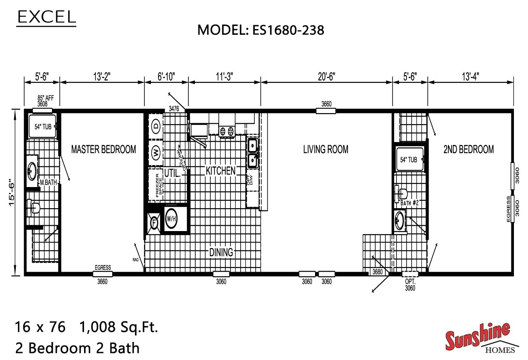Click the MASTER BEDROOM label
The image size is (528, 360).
pyautogui.click(x=103, y=150)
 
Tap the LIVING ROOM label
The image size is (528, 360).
pyautogui.click(x=326, y=150)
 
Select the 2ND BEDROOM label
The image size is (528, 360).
pyautogui.click(x=468, y=150)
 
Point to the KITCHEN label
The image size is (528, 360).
pyautogui.click(x=220, y=171)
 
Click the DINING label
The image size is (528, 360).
pyautogui.click(x=221, y=252)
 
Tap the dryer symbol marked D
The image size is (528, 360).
pyautogui.click(x=156, y=127)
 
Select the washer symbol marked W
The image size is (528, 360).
pyautogui.click(x=156, y=153)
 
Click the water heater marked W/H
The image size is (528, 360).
pyautogui.click(x=171, y=218)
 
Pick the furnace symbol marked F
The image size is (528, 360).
pyautogui.click(x=154, y=223)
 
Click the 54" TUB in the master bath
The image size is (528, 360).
pyautogui.click(x=43, y=127)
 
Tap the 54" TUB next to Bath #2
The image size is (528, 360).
pyautogui.click(x=409, y=160)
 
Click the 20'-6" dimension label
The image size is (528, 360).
pyautogui.click(x=326, y=76)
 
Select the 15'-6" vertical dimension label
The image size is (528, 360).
pyautogui.click(x=14, y=191)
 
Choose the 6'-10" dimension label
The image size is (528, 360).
pyautogui.click(x=166, y=76)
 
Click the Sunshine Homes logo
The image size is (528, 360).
pyautogui.click(x=479, y=339)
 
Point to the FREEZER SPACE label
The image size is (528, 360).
pyautogui.click(x=158, y=184)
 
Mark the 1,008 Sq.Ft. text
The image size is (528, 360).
pyautogui.click(x=118, y=327)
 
